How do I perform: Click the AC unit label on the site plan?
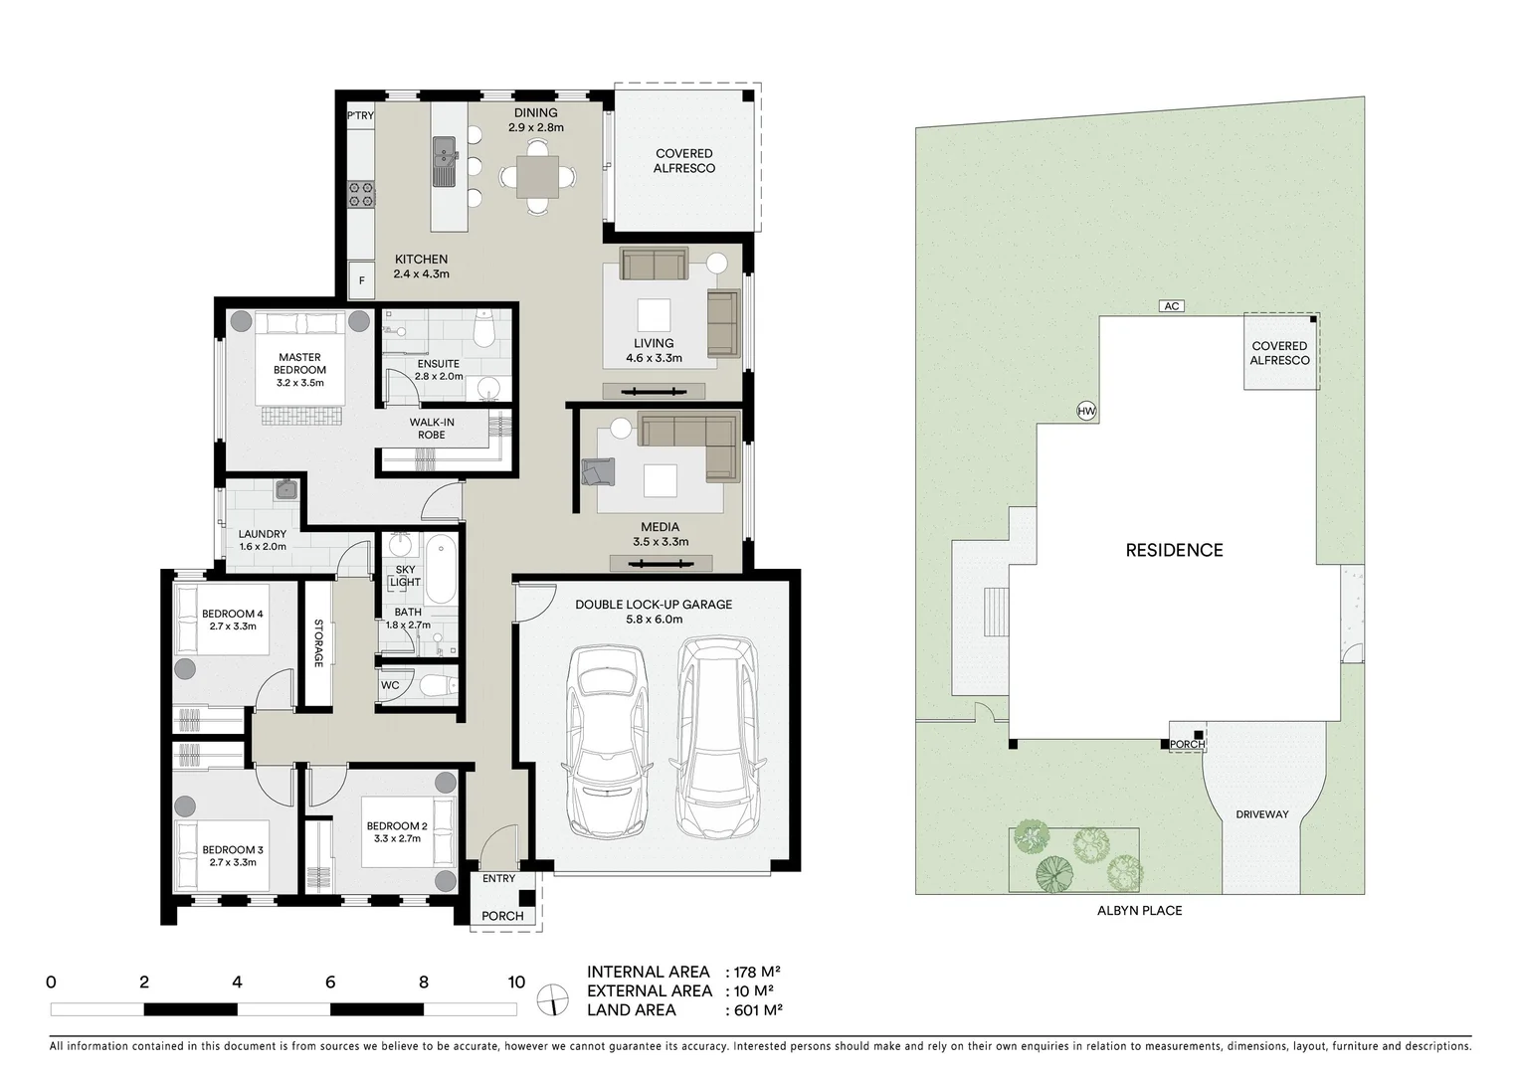click(x=1172, y=306)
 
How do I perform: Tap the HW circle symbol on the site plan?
click(x=1085, y=411)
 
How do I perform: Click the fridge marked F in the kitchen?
click(x=361, y=280)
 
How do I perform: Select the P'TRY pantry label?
click(x=360, y=116)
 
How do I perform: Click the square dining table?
click(x=536, y=177)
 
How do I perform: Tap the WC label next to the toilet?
click(x=390, y=685)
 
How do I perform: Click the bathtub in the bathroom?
click(x=441, y=568)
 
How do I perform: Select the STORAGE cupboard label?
click(x=318, y=643)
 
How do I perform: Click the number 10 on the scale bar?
click(x=515, y=983)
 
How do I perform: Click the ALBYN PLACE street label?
click(x=1139, y=910)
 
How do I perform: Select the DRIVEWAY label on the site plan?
click(x=1261, y=814)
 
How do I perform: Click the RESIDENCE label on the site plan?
click(x=1174, y=550)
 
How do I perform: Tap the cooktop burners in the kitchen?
click(x=360, y=194)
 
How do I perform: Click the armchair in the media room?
click(x=599, y=470)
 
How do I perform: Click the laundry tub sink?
click(x=286, y=488)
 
